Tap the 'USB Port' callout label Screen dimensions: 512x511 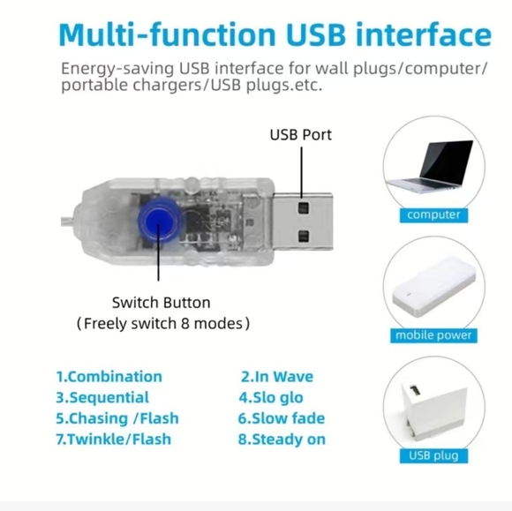click(301, 135)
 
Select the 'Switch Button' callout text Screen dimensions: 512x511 click(161, 303)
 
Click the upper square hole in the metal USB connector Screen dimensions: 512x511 click(304, 208)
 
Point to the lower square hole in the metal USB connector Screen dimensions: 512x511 click(304, 236)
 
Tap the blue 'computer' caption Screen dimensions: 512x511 click(433, 215)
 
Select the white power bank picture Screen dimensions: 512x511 click(434, 287)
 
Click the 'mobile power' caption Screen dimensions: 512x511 click(433, 335)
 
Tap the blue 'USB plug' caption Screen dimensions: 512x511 click(433, 455)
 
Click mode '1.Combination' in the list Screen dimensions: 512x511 click(109, 377)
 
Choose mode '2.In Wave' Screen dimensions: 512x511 click(277, 377)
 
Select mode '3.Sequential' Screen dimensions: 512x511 click(102, 398)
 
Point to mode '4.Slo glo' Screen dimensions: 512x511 click(271, 398)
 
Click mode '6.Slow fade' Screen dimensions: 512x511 click(282, 418)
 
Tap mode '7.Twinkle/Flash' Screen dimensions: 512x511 click(114, 440)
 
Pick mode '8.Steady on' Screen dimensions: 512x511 click(282, 440)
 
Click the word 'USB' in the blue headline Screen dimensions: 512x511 click(316, 34)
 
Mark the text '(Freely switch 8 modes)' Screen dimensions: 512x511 click(163, 324)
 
